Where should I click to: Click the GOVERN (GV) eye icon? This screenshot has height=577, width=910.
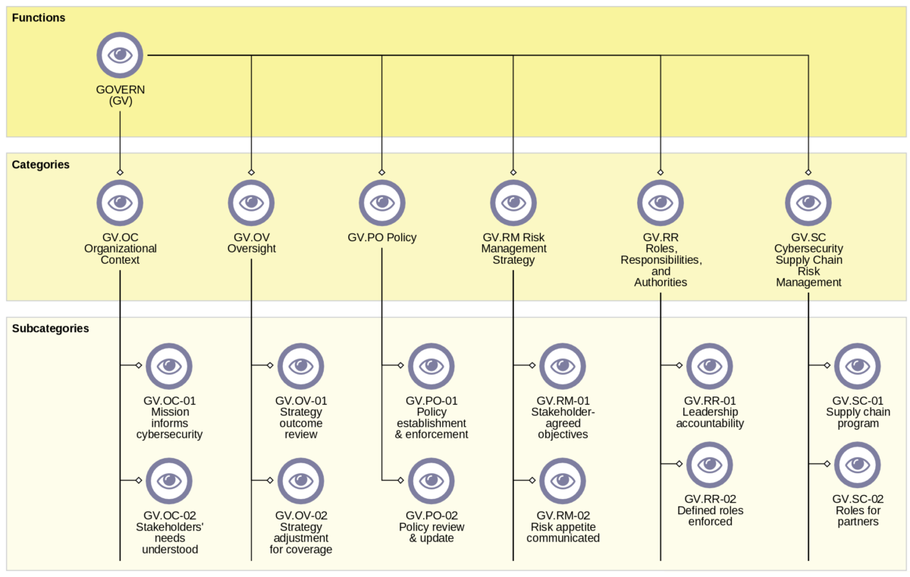click(120, 55)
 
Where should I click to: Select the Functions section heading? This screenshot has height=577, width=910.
click(39, 17)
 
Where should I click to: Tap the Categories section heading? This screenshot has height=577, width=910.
click(41, 165)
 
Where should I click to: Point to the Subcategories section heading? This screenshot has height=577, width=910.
click(50, 328)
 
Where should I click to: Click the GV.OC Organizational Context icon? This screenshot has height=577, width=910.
click(120, 202)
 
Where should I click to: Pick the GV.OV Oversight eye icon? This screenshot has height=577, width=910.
click(251, 202)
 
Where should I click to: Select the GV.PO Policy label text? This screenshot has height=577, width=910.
click(382, 237)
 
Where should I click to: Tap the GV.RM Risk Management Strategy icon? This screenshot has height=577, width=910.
click(513, 202)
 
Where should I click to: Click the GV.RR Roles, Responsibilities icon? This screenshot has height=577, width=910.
click(661, 202)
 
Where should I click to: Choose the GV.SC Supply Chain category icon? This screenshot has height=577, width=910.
click(808, 202)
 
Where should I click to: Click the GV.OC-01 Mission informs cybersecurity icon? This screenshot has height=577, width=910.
click(169, 365)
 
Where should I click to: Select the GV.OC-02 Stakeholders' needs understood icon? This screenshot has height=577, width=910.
click(169, 480)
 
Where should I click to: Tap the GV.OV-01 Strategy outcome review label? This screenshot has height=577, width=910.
click(301, 417)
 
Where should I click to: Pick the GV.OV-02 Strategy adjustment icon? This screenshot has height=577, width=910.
click(301, 480)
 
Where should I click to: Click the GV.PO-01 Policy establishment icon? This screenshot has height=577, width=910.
click(431, 365)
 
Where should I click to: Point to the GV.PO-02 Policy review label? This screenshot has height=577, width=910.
click(431, 526)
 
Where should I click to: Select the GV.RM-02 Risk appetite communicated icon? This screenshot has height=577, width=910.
click(563, 480)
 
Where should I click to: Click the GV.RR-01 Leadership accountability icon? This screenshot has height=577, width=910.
click(710, 365)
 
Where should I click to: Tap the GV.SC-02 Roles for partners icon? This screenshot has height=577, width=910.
click(858, 464)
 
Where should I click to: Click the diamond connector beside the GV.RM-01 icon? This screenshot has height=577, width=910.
click(532, 365)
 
